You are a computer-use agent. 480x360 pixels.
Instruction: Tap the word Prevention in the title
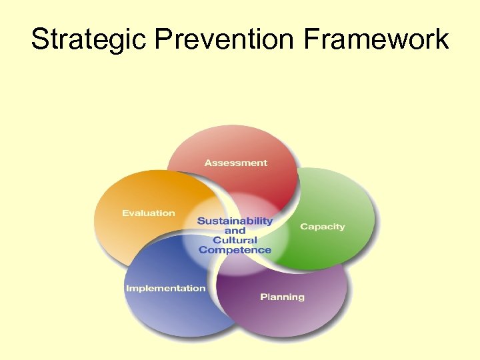225,39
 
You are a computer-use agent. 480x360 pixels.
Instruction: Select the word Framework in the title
376,39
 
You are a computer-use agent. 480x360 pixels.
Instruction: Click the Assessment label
235,163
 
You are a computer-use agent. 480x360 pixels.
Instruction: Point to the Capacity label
322,227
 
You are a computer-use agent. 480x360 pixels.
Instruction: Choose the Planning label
282,297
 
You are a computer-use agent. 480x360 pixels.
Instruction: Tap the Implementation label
165,288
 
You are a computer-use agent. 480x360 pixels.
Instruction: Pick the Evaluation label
148,213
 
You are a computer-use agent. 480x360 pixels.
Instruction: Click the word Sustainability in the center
235,221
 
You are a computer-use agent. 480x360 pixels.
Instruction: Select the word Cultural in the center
235,240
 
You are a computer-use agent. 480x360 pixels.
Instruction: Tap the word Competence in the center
235,250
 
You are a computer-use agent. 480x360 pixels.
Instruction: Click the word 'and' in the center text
235,231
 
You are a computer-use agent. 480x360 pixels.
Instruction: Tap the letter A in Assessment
208,163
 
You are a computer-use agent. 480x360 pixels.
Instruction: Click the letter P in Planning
263,297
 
